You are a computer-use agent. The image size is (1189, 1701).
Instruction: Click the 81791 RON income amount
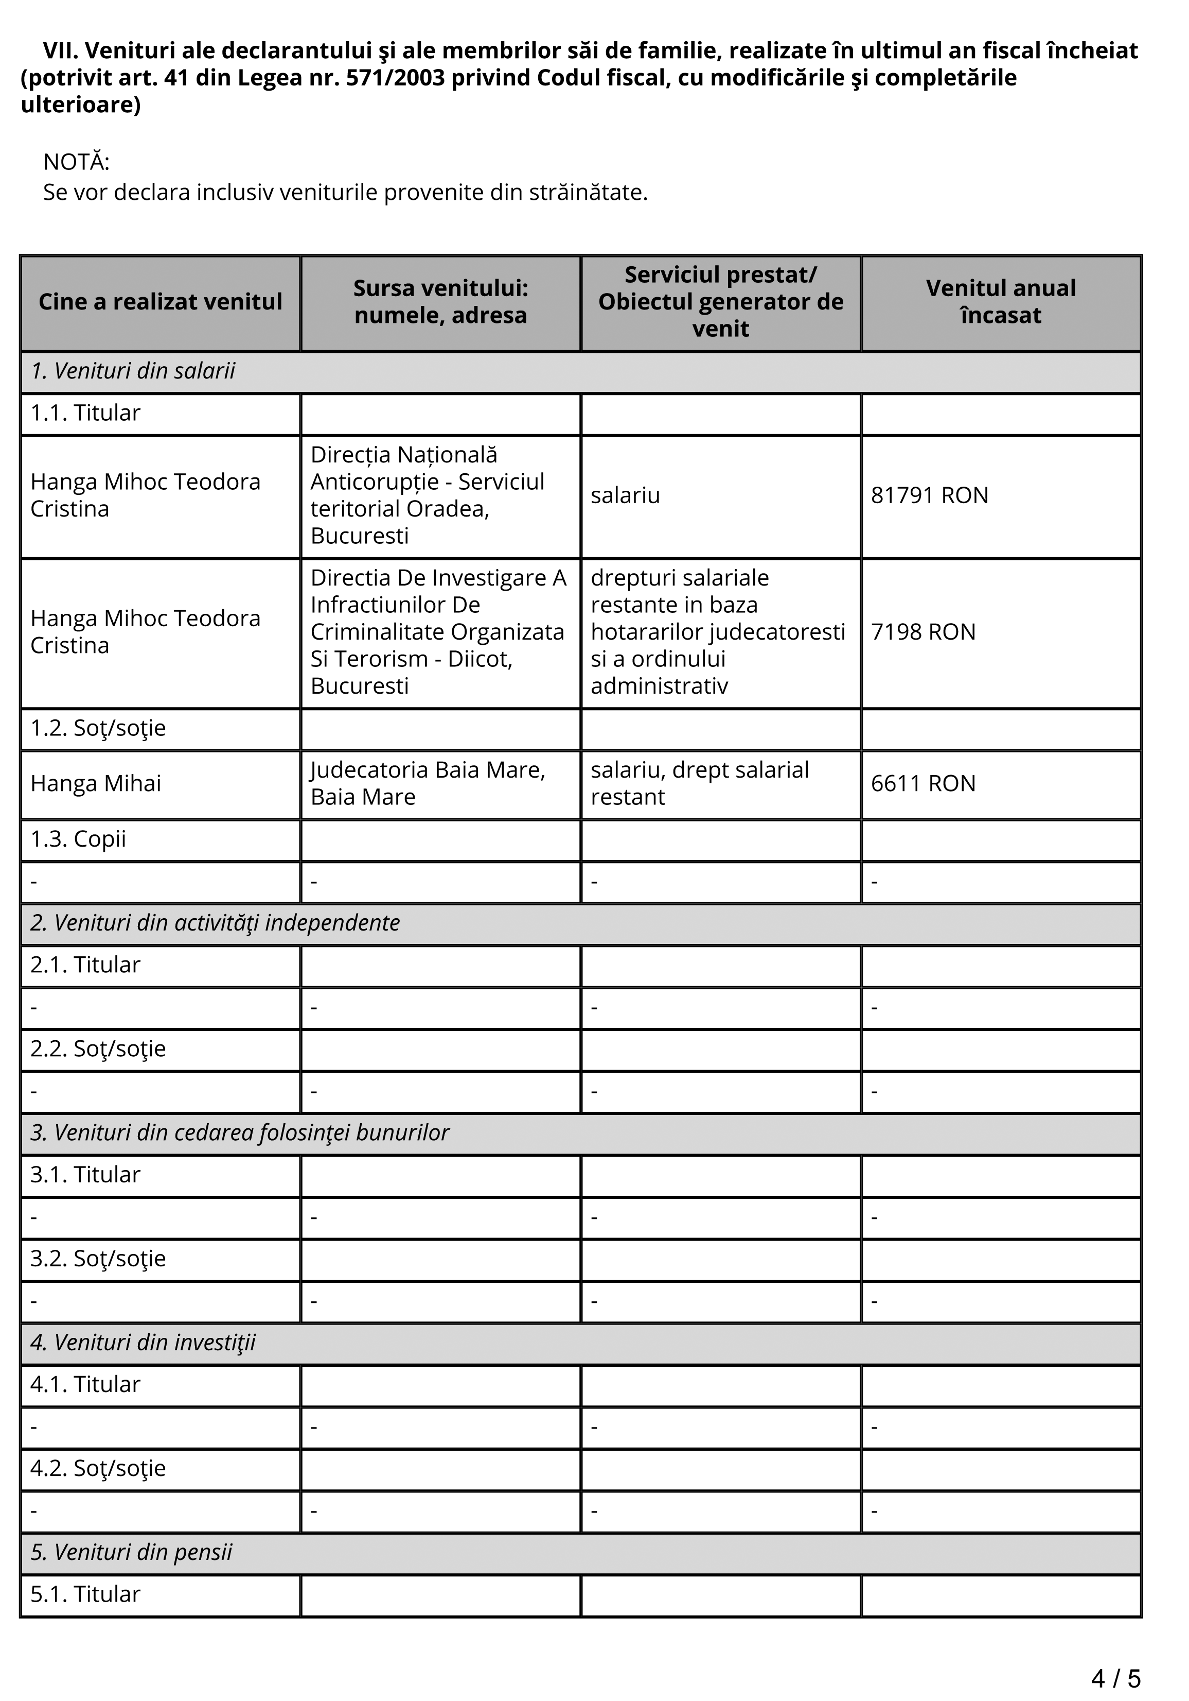(x=929, y=495)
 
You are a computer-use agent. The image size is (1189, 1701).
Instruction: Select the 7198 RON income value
(x=922, y=632)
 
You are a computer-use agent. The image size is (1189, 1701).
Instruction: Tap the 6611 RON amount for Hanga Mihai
(x=922, y=783)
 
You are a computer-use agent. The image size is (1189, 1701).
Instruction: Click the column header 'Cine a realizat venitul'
(x=160, y=302)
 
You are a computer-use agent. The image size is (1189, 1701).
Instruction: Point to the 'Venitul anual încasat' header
(x=1000, y=302)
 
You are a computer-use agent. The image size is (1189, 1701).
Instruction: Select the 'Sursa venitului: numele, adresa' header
(x=440, y=302)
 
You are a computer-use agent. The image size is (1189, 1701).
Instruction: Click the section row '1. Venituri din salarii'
(x=133, y=370)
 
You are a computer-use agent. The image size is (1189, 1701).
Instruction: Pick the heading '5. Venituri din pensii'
(x=131, y=1552)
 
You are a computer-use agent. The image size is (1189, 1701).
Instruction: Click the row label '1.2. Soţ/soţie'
(x=98, y=728)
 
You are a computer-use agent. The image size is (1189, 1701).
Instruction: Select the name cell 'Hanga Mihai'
(x=96, y=783)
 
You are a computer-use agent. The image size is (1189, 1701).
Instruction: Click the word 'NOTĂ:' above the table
(x=76, y=162)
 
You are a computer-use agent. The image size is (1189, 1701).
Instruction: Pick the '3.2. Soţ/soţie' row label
(x=98, y=1259)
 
